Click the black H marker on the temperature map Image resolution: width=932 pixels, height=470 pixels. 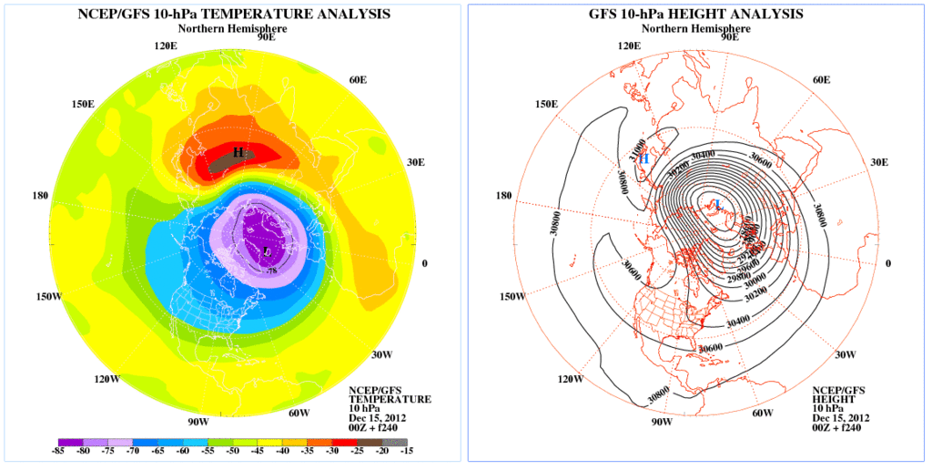tap(238, 153)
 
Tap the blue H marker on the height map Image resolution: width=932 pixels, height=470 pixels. tap(643, 158)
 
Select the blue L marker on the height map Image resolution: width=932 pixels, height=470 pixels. tap(719, 203)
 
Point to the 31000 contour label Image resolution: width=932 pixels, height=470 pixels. tap(640, 145)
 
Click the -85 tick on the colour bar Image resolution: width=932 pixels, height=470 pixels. tap(57, 450)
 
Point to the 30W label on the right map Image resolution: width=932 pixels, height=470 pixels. tap(846, 354)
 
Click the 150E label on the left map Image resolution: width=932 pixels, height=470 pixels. tap(83, 105)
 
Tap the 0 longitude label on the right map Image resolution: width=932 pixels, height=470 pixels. tap(888, 263)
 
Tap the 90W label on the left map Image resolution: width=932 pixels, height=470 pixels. tap(198, 422)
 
